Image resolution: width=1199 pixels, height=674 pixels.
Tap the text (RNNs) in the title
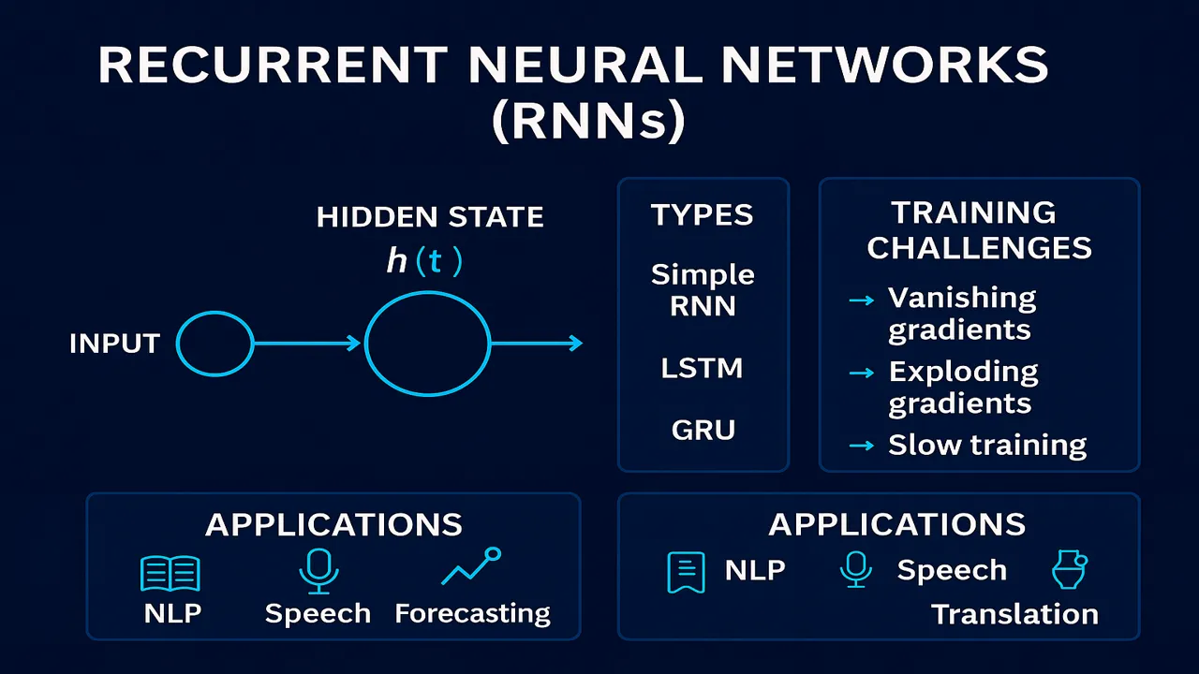588,123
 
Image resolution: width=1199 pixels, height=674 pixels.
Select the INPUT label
113,344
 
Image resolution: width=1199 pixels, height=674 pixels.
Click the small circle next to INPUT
215,344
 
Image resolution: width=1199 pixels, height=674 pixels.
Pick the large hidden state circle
427,344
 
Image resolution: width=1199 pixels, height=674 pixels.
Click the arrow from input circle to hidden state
307,344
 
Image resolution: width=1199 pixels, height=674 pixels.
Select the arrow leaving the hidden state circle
536,344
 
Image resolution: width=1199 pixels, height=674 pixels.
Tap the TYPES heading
703,215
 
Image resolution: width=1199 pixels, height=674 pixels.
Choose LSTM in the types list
703,368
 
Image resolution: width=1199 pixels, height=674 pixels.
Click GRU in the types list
703,430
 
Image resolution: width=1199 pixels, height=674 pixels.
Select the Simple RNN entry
703,290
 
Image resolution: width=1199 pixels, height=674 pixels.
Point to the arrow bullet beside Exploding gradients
861,374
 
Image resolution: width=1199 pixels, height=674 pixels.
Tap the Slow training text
987,445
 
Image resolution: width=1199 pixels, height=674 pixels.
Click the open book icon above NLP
170,573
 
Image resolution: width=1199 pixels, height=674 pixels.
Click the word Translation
1014,614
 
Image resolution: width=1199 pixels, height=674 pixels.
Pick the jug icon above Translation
1069,569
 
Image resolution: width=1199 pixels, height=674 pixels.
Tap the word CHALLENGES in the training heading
979,248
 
